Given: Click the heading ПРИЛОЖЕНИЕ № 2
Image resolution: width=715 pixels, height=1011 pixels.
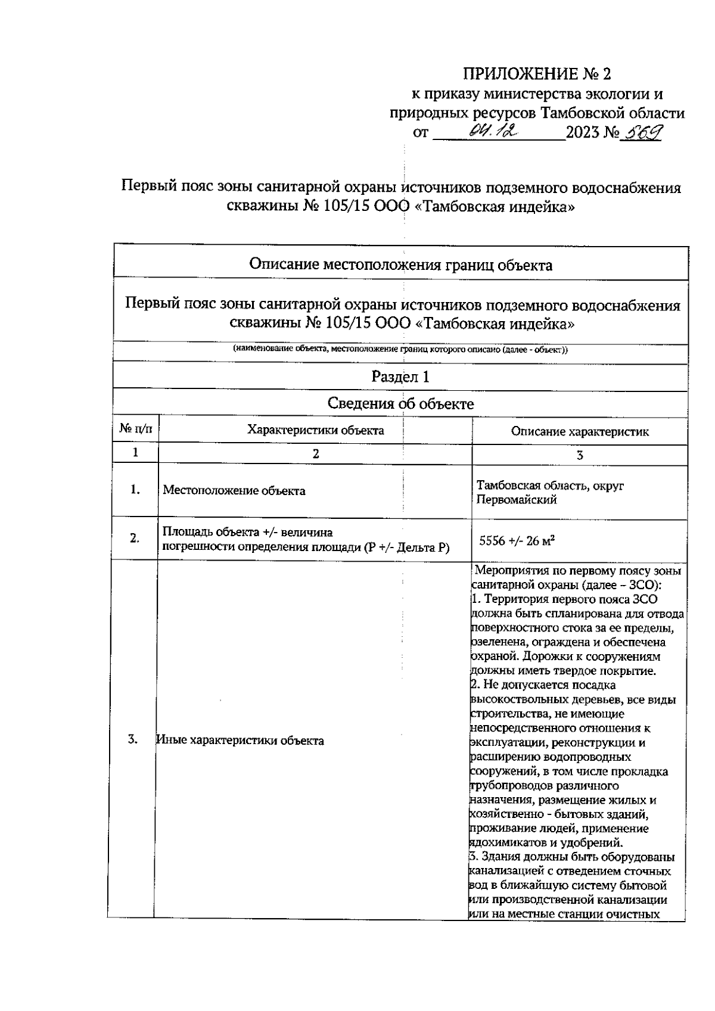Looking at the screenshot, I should click(x=537, y=74).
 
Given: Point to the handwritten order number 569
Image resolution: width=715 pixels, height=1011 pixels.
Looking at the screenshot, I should click(x=642, y=132).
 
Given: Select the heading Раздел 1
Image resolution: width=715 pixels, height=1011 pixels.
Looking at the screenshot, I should click(x=400, y=377).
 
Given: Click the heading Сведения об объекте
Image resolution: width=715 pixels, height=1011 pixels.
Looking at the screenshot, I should click(x=400, y=403).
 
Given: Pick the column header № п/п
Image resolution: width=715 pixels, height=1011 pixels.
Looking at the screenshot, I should click(x=136, y=429).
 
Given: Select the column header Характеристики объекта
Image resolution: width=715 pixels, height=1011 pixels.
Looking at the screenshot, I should click(x=315, y=430).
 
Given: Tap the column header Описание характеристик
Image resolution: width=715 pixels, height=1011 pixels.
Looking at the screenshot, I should click(x=579, y=432).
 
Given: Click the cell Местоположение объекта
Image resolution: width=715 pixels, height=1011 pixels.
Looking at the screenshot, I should click(x=234, y=491).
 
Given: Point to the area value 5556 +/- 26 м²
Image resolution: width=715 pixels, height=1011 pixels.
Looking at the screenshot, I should click(x=517, y=541).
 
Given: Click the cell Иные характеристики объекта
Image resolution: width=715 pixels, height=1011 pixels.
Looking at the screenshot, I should click(x=240, y=741).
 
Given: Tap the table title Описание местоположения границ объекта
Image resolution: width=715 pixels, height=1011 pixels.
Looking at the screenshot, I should click(x=400, y=265).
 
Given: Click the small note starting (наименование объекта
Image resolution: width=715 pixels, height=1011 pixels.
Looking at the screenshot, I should click(x=400, y=350).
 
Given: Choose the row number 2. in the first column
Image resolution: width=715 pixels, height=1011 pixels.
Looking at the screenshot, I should click(x=135, y=538).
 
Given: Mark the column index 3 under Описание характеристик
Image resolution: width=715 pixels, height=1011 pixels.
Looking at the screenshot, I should click(x=579, y=455).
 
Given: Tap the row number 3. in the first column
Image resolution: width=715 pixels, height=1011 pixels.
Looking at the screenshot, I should click(x=133, y=739).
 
